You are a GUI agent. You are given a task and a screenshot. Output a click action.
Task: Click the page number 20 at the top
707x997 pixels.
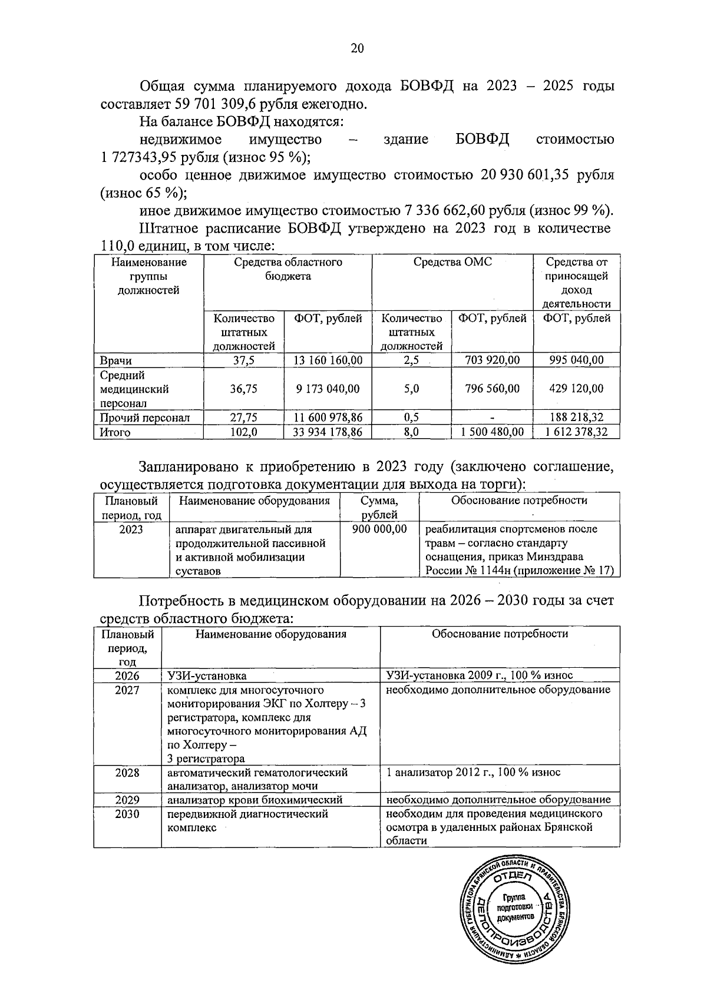[357, 49]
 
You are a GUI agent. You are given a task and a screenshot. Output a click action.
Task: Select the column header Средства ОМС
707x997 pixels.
[452, 262]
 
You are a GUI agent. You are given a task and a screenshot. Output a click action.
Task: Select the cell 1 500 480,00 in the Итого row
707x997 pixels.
[491, 432]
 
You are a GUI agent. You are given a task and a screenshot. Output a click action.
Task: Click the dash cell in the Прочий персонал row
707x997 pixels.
[492, 418]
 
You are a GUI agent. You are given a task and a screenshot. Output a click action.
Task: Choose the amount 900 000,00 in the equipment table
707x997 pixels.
[379, 529]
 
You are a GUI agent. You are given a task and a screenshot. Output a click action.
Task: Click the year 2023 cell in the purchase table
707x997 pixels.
[131, 529]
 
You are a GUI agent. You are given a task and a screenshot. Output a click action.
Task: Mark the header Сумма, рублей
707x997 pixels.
[379, 508]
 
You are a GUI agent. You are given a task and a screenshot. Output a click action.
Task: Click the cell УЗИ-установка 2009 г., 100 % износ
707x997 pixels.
[479, 675]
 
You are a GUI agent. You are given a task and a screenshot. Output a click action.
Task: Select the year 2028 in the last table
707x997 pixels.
[127, 772]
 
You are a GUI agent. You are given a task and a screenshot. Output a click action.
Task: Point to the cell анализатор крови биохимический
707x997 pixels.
[255, 800]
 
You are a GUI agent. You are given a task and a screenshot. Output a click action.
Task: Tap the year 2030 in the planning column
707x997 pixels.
[127, 814]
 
